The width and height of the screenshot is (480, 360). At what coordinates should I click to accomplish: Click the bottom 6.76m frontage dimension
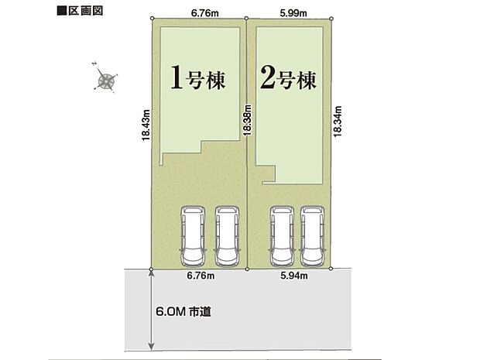[199, 274]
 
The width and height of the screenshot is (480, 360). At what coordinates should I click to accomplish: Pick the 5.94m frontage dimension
[295, 274]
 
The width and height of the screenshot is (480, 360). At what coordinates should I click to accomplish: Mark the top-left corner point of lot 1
[151, 18]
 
